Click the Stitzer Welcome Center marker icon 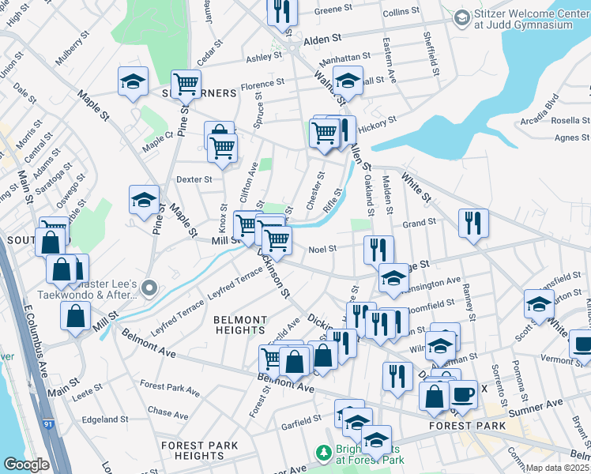pyautogui.click(x=462, y=17)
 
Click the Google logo pyautogui.click(x=26, y=465)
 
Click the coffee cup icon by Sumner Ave pyautogui.click(x=462, y=393)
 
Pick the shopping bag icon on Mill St pyautogui.click(x=75, y=315)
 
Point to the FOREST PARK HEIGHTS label pyautogui.click(x=198, y=450)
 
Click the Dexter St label pyautogui.click(x=194, y=179)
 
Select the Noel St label pyautogui.click(x=322, y=248)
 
